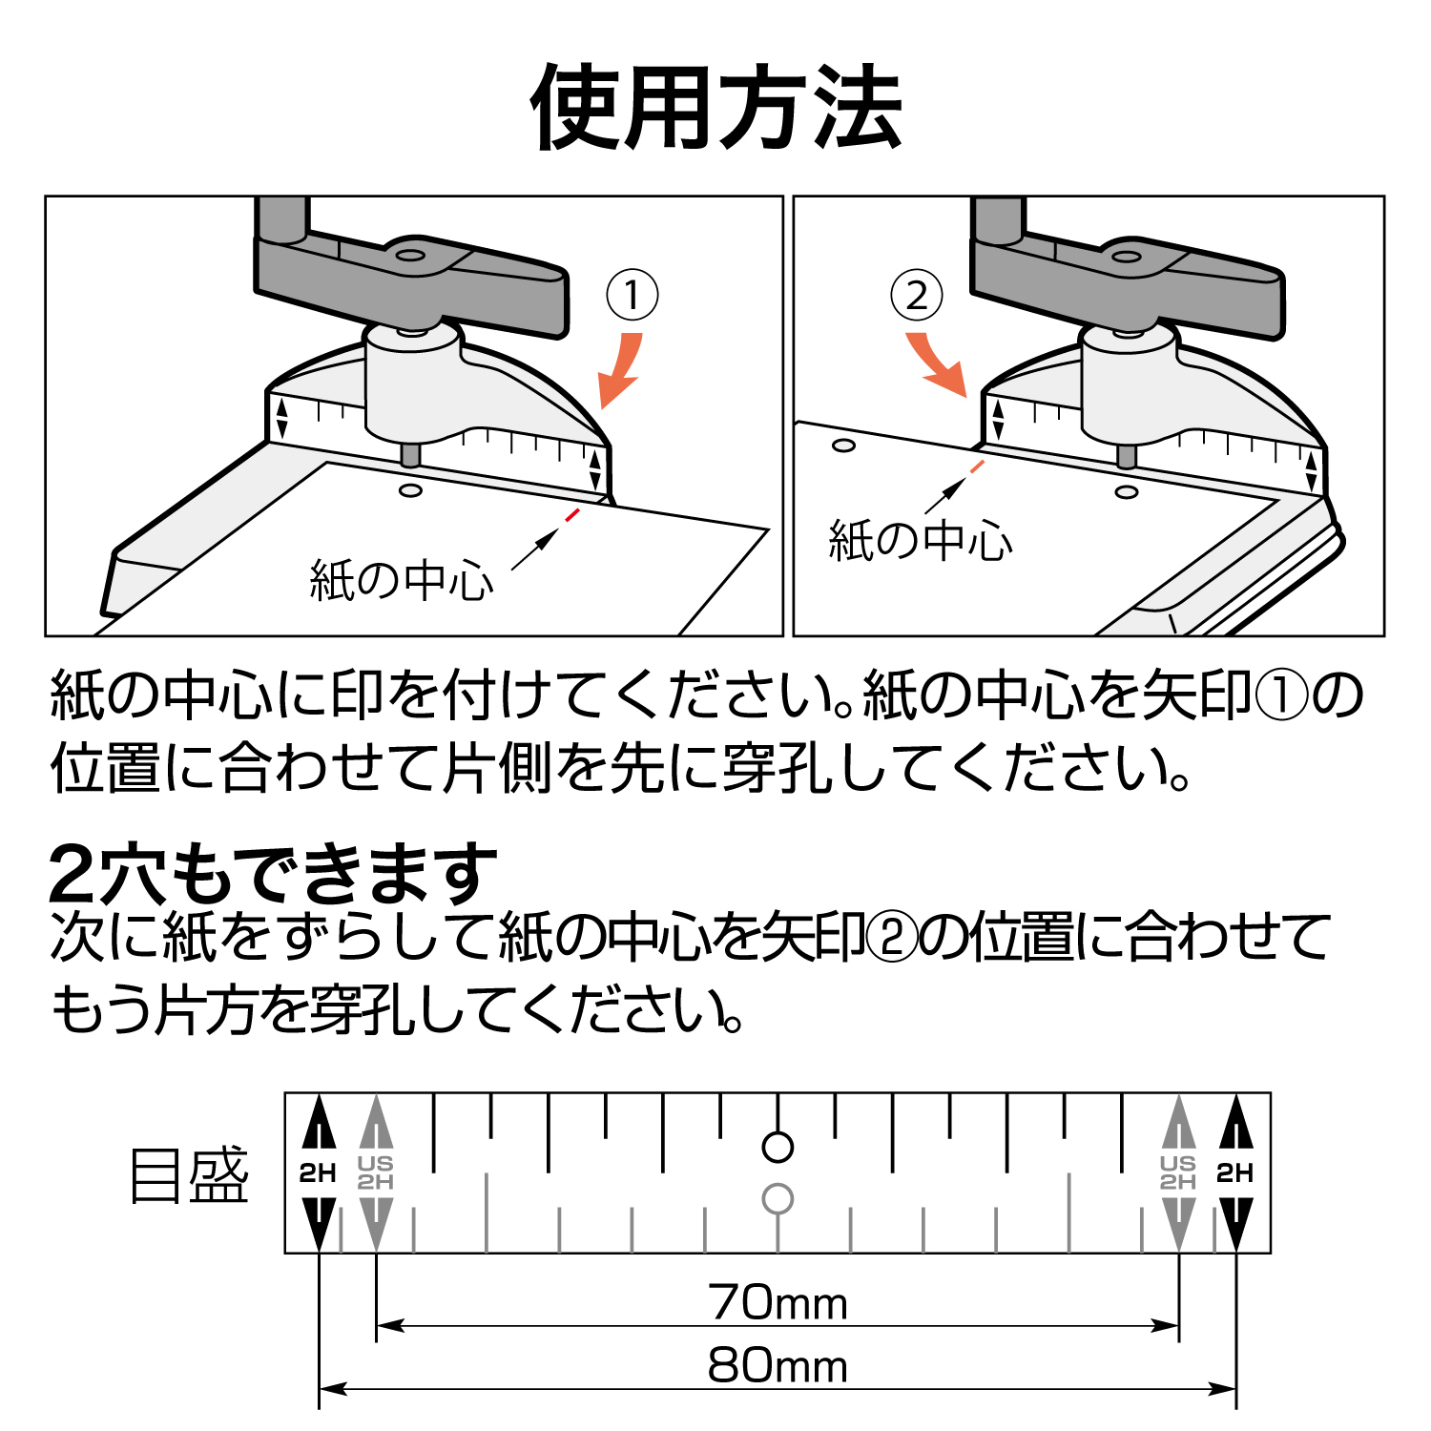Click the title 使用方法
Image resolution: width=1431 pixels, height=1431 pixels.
[x=716, y=107]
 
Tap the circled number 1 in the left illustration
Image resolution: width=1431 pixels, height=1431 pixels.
[x=633, y=295]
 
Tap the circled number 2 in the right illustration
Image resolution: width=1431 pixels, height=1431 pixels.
[x=916, y=295]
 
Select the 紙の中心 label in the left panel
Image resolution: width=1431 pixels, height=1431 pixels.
[x=402, y=580]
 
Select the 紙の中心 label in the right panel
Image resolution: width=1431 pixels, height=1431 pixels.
[x=921, y=540]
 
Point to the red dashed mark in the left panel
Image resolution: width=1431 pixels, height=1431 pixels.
[x=571, y=514]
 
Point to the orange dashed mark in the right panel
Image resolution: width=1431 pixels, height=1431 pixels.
[x=976, y=467]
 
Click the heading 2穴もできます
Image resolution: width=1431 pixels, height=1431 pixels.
[x=274, y=875]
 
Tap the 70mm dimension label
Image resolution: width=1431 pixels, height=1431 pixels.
[x=778, y=1302]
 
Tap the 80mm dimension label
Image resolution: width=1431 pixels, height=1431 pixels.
[x=778, y=1365]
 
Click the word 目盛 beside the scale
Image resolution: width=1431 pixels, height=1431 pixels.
[x=189, y=1174]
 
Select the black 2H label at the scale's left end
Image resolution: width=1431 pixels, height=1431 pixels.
[x=318, y=1173]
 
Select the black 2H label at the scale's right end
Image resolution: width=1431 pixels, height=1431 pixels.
[x=1235, y=1173]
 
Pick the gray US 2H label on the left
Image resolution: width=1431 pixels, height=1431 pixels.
[x=376, y=1172]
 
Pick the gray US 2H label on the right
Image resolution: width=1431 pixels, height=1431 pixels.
[x=1178, y=1172]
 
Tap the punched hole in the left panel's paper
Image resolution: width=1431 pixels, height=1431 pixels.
[x=411, y=490]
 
